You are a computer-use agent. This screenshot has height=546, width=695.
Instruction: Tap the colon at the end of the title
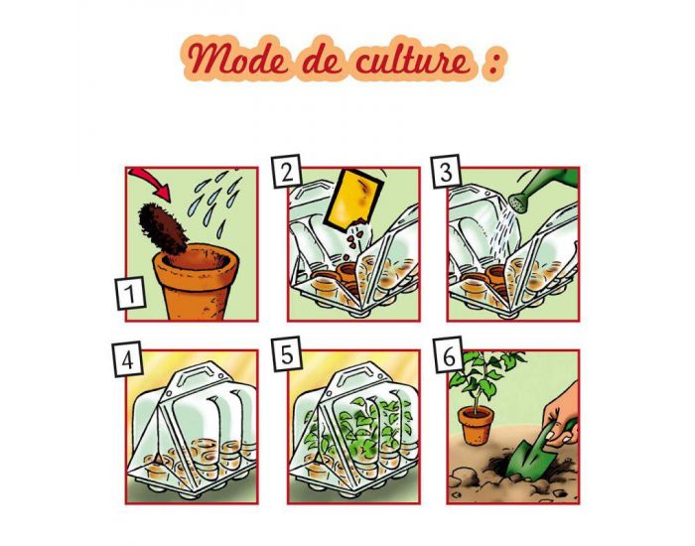tap(490, 63)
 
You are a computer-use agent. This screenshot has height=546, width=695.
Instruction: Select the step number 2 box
tap(289, 173)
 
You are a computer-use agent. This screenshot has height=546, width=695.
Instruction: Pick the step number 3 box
tap(448, 173)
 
